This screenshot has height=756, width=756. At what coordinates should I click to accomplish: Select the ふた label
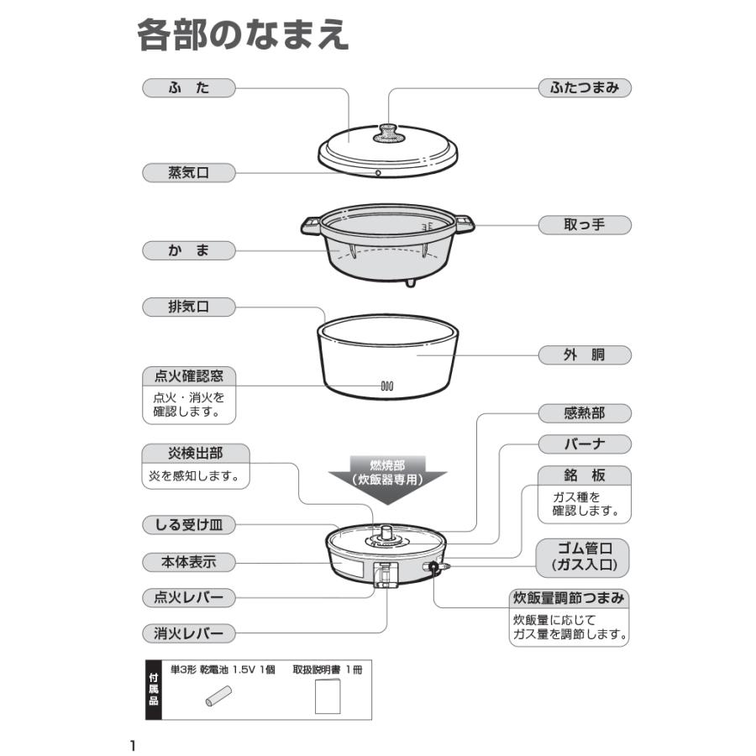188,87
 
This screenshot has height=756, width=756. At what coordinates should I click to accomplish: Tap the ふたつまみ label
585,87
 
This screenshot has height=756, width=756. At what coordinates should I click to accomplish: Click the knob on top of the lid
388,133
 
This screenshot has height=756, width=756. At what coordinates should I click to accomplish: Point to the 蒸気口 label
188,173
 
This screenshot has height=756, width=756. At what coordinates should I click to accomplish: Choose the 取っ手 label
585,224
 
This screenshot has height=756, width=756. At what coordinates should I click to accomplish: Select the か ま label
188,249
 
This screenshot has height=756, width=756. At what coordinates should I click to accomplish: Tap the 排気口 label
188,307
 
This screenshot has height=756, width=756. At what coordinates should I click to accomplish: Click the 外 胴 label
585,355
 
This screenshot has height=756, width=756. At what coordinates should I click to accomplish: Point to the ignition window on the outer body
386,387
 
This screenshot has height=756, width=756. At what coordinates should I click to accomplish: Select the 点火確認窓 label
188,375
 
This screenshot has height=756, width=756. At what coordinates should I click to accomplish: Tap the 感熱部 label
585,413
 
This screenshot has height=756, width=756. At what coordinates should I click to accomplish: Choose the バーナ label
585,443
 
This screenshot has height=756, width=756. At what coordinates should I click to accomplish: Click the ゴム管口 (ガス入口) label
585,556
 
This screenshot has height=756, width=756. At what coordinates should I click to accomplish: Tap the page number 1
133,745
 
